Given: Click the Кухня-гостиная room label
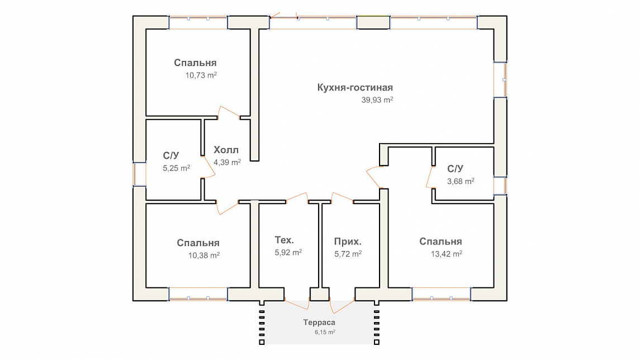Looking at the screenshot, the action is (355, 88).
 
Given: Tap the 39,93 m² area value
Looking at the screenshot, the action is (377, 100).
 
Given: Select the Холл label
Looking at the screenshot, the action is (226, 150).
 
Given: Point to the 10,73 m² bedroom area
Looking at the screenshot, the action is (201, 75).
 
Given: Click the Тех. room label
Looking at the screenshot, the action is (284, 240).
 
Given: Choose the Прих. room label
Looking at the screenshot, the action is (348, 241).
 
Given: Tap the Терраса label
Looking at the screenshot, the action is (319, 323).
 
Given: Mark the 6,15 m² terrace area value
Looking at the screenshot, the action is (325, 332).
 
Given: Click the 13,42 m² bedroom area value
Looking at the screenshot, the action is (447, 254).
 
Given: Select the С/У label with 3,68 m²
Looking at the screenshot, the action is (455, 169).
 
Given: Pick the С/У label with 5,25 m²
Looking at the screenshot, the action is (171, 155).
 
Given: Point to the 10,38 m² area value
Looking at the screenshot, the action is (203, 255).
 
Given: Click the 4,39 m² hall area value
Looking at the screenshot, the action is (227, 162).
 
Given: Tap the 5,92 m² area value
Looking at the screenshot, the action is (288, 252).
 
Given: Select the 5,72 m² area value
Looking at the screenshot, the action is (348, 254).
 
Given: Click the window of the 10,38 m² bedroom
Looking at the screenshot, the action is (198, 294).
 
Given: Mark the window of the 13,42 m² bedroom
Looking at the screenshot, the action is (442, 294).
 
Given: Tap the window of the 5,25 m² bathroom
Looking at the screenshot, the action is (140, 174).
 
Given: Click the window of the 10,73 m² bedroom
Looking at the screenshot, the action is (198, 22).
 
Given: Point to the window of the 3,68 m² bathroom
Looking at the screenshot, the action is (500, 186).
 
